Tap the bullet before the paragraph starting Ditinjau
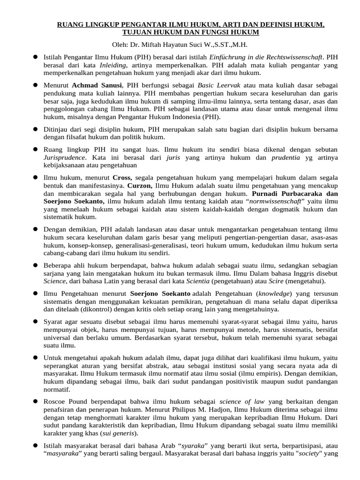[x=35, y=128]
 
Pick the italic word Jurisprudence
[x=65, y=157]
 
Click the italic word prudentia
[x=272, y=157]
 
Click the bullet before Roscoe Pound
[x=35, y=401]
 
